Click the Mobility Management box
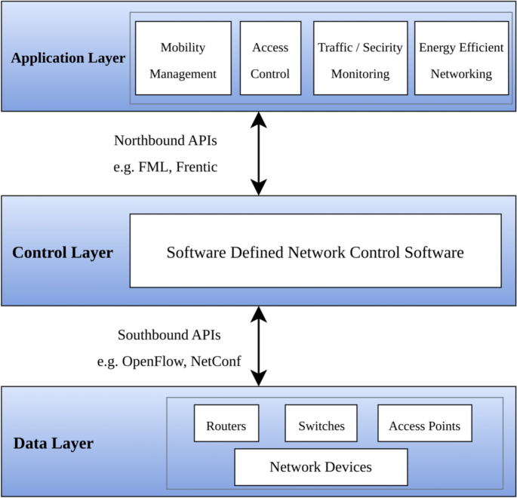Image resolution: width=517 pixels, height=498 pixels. [183, 58]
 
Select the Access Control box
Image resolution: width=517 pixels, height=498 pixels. [270, 58]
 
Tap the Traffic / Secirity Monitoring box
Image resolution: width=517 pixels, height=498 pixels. [360, 58]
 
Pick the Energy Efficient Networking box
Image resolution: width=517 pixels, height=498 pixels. [461, 58]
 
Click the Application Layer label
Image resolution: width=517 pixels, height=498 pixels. [68, 58]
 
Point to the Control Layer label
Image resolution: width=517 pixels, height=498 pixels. [63, 253]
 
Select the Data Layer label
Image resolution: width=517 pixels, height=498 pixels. [54, 444]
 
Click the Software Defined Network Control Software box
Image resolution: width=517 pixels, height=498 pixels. [315, 251]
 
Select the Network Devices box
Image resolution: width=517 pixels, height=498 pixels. [321, 467]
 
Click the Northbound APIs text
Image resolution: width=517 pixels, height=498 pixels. [165, 141]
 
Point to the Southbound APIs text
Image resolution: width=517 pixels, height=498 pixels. [169, 335]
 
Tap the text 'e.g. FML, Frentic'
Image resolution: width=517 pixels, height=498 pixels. [165, 167]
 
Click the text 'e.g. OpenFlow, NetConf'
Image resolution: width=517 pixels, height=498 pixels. [169, 361]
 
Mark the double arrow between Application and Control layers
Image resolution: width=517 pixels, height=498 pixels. [259, 153]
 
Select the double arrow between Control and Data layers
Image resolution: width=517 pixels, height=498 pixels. [259, 346]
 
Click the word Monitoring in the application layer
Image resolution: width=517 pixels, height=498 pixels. [360, 74]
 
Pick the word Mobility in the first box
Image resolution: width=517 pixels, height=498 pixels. [183, 48]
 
